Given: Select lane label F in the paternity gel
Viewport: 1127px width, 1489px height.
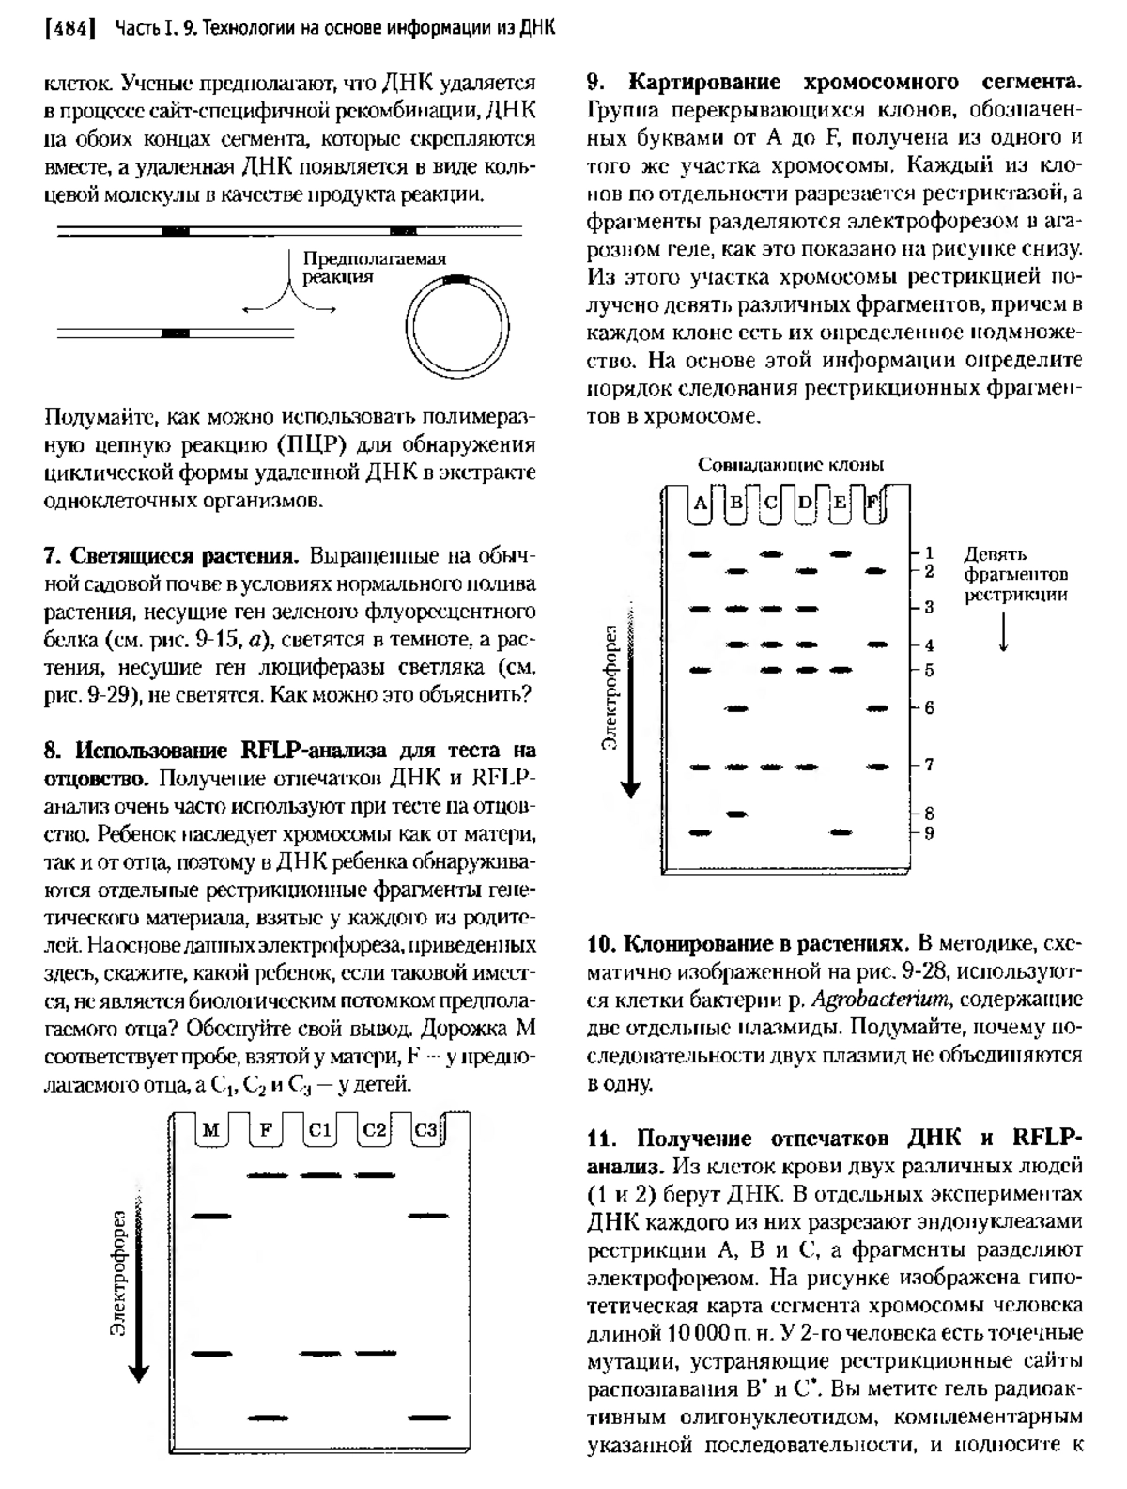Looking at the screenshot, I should tap(267, 1129).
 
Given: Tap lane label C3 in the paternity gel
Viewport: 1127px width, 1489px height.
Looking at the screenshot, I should tap(425, 1129).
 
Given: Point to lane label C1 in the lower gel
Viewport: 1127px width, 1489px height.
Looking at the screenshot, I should tap(319, 1129).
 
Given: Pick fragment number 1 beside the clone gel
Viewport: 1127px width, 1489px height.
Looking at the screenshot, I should tap(928, 552).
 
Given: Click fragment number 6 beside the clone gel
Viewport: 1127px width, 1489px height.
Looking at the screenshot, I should tap(928, 707).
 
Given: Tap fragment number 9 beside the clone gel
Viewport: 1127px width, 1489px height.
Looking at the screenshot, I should tap(928, 832).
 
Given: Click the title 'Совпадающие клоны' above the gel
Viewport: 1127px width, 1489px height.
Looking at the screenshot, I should tap(790, 464).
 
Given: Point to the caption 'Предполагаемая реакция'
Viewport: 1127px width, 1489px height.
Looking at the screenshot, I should tap(373, 269).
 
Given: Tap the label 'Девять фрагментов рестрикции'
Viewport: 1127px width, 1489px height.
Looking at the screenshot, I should tap(1015, 574).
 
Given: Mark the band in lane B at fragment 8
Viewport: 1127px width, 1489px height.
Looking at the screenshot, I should tap(737, 814).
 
